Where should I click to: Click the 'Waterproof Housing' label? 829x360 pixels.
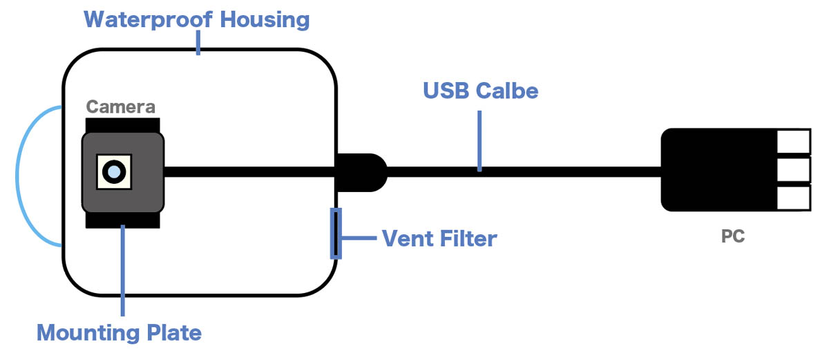pyautogui.click(x=196, y=19)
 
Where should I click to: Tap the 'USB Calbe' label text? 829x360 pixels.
pyautogui.click(x=480, y=91)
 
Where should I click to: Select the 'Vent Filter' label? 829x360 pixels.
pyautogui.click(x=439, y=239)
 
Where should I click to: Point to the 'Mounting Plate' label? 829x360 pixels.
pyautogui.click(x=119, y=333)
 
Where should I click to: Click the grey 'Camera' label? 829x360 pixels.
pyautogui.click(x=120, y=107)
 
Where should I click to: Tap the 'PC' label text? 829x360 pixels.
pyautogui.click(x=732, y=236)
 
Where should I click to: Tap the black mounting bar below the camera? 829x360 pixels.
pyautogui.click(x=123, y=220)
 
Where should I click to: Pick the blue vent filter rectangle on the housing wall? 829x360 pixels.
pyautogui.click(x=336, y=233)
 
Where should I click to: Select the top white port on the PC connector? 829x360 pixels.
pyautogui.click(x=793, y=142)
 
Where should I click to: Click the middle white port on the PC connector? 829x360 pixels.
pyautogui.click(x=793, y=169)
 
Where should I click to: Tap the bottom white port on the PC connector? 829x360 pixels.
pyautogui.click(x=793, y=198)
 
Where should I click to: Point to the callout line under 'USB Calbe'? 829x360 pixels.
pyautogui.click(x=479, y=138)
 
